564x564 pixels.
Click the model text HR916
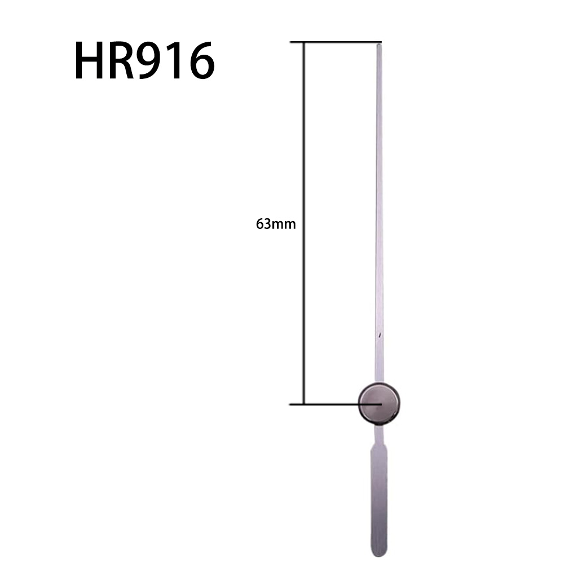tap(144, 61)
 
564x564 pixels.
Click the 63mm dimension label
tap(276, 224)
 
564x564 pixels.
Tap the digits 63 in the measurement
tap(263, 224)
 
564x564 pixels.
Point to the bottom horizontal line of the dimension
tap(327, 404)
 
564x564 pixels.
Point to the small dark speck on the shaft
tap(381, 336)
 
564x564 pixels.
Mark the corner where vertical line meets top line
tap(305, 42)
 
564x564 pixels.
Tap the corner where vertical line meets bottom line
tap(305, 404)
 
